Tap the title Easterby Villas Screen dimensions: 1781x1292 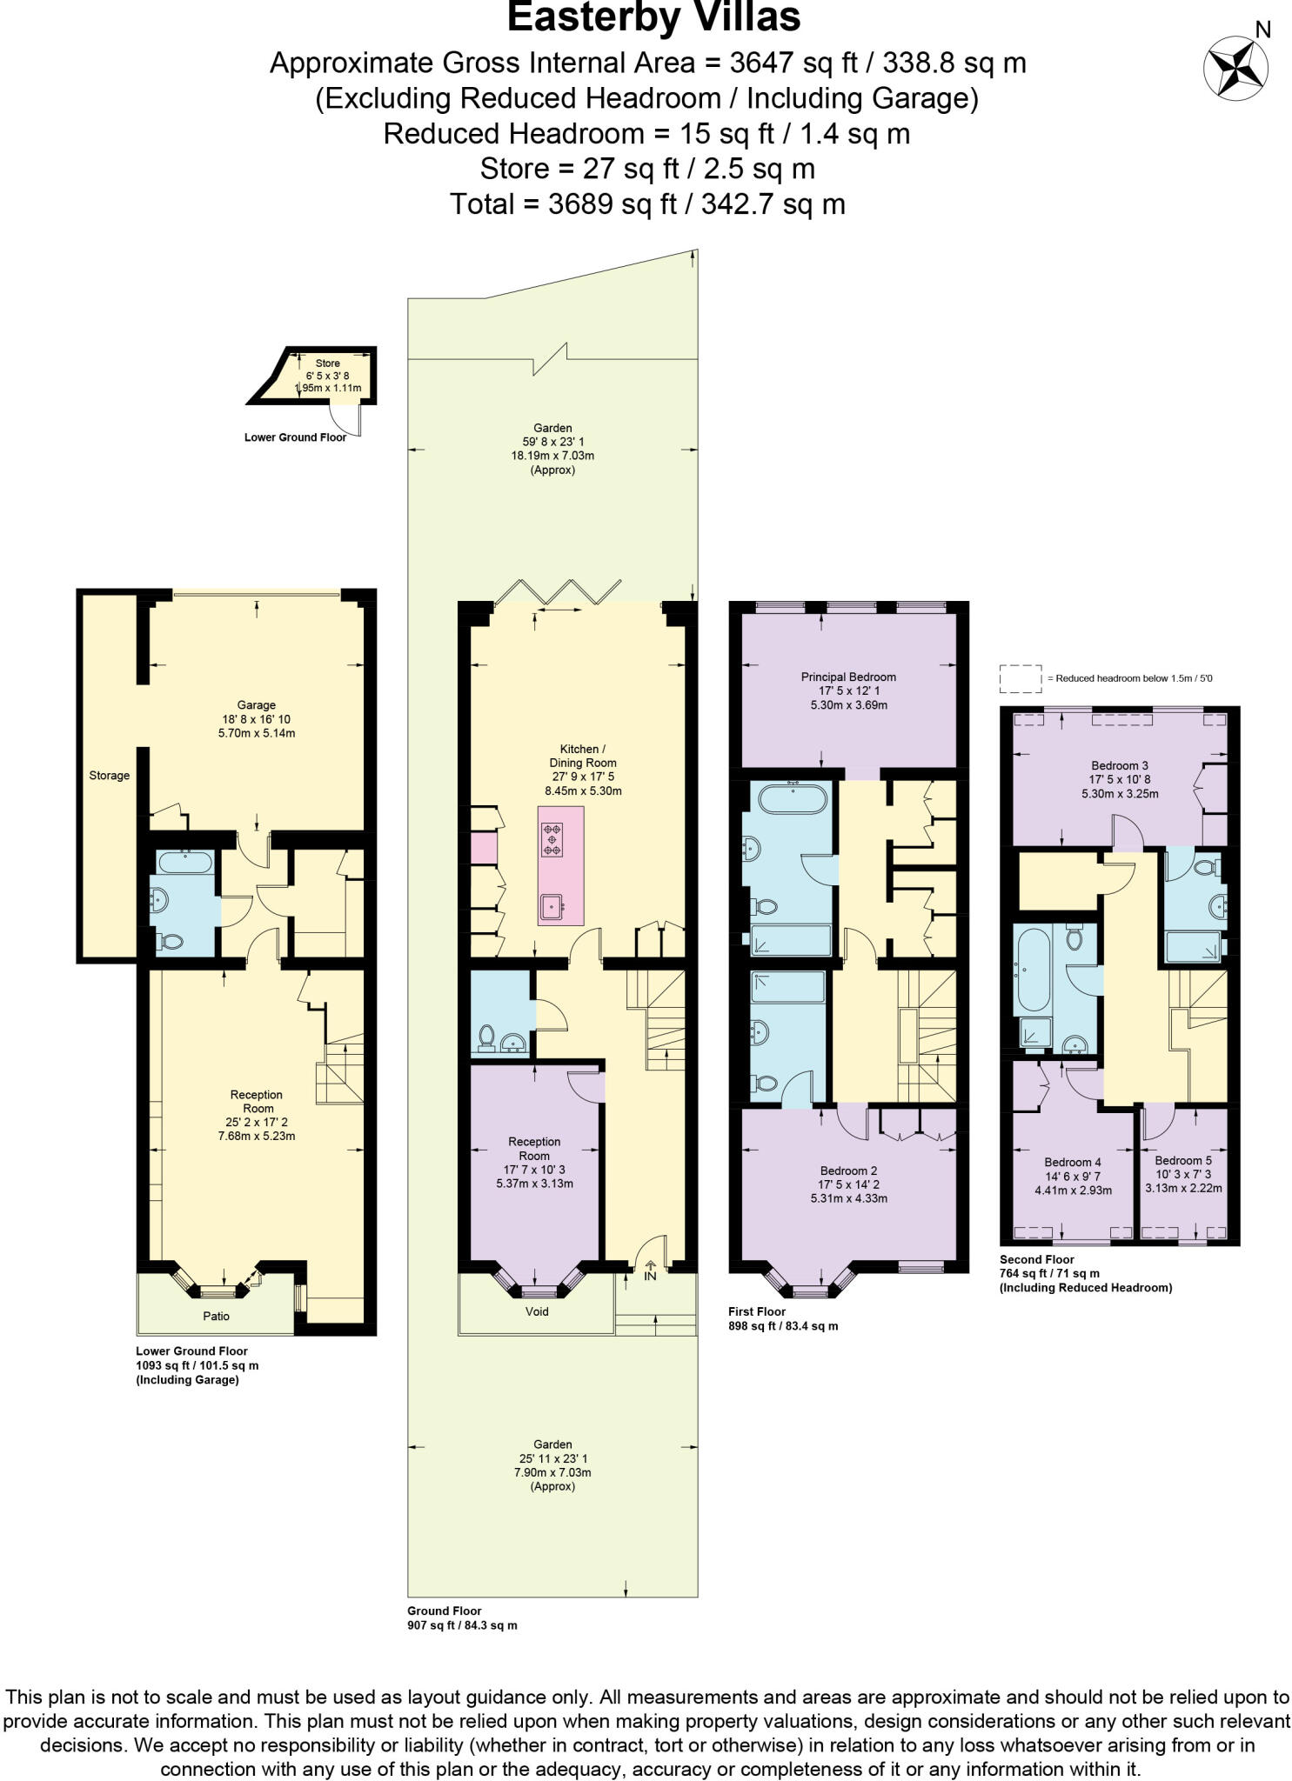(653, 17)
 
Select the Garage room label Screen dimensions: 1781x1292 (256, 704)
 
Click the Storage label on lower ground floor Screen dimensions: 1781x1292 (109, 775)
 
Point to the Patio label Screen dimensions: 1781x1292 (216, 1316)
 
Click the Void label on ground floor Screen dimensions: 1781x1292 (537, 1311)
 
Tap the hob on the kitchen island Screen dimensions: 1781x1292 (552, 838)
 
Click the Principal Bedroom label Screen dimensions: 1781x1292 (847, 677)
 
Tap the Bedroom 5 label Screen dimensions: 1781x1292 (1182, 1160)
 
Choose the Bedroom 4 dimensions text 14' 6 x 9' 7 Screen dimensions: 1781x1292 (1073, 1176)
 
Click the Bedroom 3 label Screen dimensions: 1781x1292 (1119, 765)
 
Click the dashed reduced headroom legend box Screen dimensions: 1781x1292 (1020, 678)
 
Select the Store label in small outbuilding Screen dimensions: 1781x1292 (327, 363)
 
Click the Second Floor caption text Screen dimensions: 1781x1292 (1036, 1259)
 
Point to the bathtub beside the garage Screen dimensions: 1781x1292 (184, 863)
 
